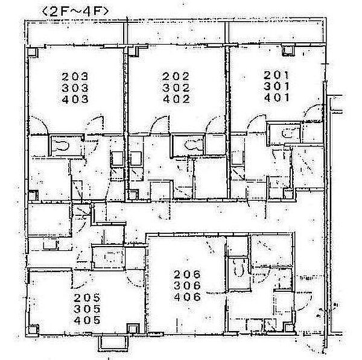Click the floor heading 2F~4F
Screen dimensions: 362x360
(75, 11)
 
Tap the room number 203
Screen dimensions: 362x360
(75, 77)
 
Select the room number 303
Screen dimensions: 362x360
(75, 88)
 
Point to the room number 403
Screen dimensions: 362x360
(75, 99)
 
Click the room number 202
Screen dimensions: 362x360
(176, 77)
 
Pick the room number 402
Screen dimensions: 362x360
(176, 99)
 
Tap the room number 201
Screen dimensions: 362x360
(276, 75)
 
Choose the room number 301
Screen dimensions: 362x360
(276, 87)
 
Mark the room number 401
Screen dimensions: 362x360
(276, 98)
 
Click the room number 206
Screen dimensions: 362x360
(187, 274)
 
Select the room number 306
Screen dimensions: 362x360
(187, 286)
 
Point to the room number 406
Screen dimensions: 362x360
(187, 297)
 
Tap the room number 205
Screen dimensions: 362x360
(87, 298)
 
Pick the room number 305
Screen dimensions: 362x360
(87, 309)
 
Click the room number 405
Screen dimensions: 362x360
(87, 320)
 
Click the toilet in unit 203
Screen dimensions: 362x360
(62, 146)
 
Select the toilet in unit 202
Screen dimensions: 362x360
(193, 145)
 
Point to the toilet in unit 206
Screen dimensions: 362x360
(239, 268)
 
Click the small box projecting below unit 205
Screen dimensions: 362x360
(113, 343)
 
